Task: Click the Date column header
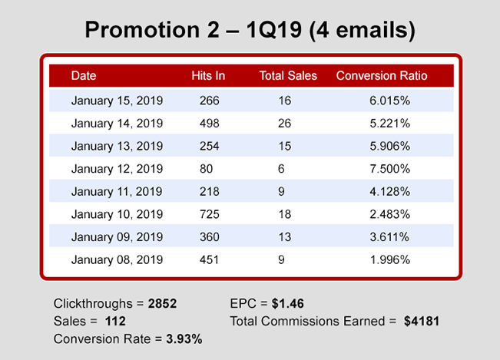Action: [x=84, y=76]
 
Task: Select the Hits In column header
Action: [x=208, y=76]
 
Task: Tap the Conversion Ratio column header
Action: [x=382, y=76]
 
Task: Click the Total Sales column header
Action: [x=283, y=76]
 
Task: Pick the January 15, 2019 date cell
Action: [x=117, y=101]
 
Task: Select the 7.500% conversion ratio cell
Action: [x=389, y=169]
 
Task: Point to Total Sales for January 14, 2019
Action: [x=283, y=124]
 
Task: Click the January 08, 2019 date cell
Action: [x=117, y=259]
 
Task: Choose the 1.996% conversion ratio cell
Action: [x=389, y=259]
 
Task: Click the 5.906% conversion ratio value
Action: [x=389, y=146]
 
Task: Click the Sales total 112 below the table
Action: [x=116, y=320]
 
